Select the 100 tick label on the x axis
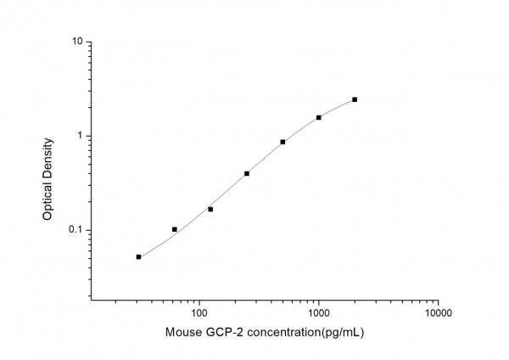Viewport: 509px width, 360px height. coord(199,312)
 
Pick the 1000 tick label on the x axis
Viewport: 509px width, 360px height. coord(318,312)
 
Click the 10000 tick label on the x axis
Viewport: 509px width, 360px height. coord(438,312)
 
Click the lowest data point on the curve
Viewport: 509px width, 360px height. coord(138,256)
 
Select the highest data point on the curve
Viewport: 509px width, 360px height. coord(355,99)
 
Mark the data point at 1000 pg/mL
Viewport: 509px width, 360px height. coord(319,117)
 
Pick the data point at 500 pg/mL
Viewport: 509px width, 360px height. coord(282,142)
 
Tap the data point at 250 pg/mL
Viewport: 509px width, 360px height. coord(247,173)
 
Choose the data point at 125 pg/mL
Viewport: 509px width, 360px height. coord(210,209)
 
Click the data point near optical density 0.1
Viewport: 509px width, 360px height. coord(175,229)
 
